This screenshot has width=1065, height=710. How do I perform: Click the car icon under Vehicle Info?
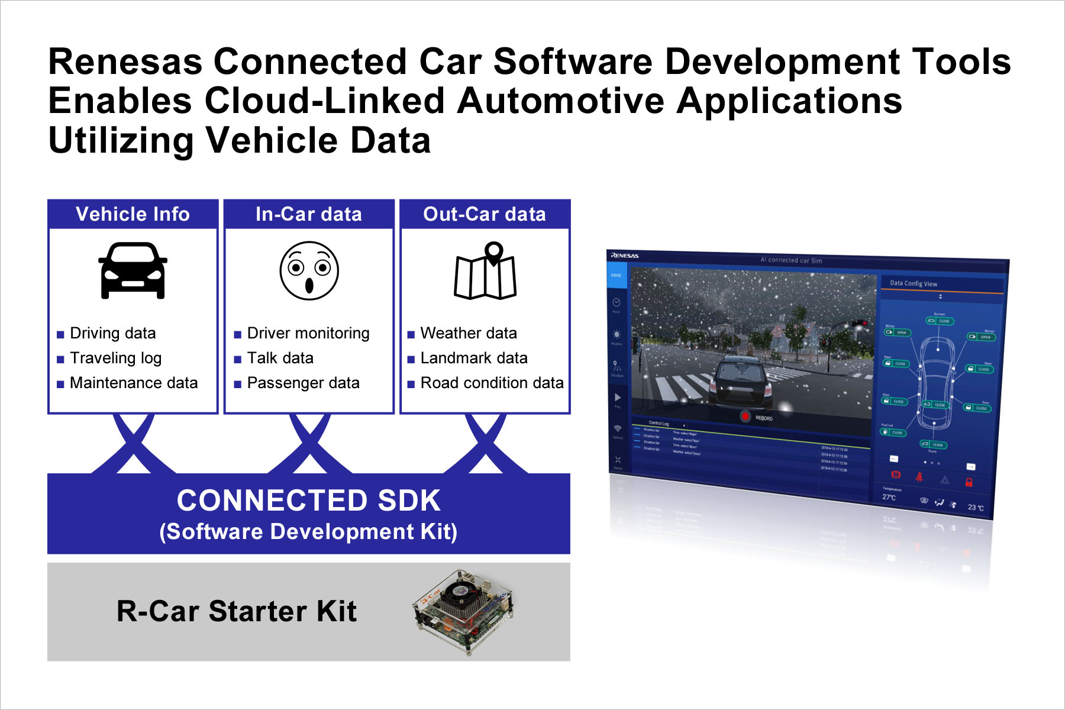pyautogui.click(x=133, y=270)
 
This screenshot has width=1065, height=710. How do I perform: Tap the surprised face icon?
pyautogui.click(x=309, y=270)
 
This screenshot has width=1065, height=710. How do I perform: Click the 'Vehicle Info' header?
pyautogui.click(x=133, y=214)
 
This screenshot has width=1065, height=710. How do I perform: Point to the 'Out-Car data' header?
pyautogui.click(x=485, y=214)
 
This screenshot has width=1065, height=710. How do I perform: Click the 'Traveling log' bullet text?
pyautogui.click(x=115, y=358)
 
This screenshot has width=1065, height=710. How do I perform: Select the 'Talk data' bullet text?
pyautogui.click(x=280, y=358)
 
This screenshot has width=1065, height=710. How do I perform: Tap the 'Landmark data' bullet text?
pyautogui.click(x=473, y=358)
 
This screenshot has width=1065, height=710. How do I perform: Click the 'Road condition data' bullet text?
pyautogui.click(x=492, y=383)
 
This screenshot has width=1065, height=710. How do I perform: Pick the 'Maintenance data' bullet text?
pyautogui.click(x=134, y=383)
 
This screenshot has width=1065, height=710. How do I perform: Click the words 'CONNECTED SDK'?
pyautogui.click(x=308, y=501)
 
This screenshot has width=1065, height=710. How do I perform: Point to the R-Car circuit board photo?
pyautogui.click(x=463, y=612)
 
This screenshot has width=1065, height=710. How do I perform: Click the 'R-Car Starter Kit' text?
pyautogui.click(x=237, y=611)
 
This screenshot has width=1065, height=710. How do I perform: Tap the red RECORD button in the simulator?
pyautogui.click(x=745, y=417)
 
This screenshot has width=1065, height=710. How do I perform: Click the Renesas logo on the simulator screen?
pyautogui.click(x=625, y=256)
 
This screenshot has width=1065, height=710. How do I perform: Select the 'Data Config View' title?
pyautogui.click(x=914, y=283)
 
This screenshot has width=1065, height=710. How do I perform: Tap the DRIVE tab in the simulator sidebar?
pyautogui.click(x=616, y=276)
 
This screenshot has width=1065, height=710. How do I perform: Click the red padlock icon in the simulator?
pyautogui.click(x=969, y=482)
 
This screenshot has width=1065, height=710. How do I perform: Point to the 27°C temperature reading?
pyautogui.click(x=889, y=497)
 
